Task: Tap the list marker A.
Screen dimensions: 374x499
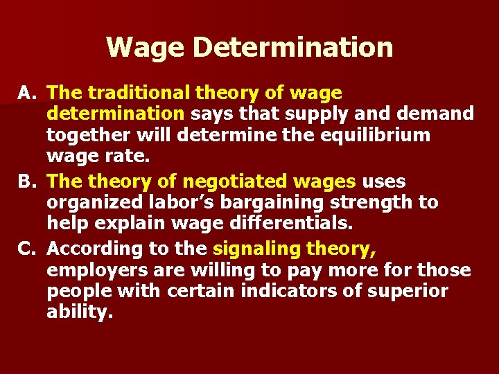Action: [29, 93]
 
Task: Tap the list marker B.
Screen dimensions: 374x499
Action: [29, 181]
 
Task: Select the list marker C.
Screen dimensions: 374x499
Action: [29, 248]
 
